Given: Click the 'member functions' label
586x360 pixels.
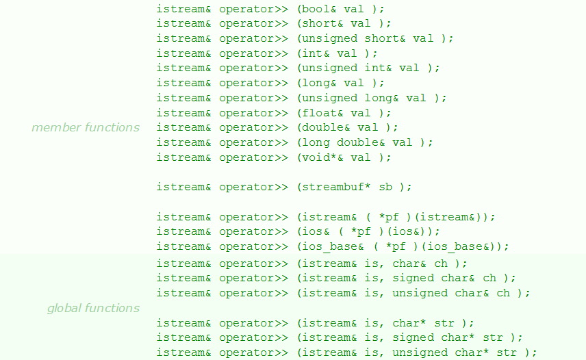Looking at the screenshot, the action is (x=86, y=128).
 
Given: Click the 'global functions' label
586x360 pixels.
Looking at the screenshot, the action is (x=93, y=309).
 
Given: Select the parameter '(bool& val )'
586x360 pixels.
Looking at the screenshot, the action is (x=341, y=9).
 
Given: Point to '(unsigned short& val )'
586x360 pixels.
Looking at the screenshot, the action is (x=375, y=38).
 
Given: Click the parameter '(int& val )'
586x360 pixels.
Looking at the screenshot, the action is (x=337, y=53).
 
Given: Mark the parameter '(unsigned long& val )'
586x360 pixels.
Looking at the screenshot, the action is (x=372, y=98).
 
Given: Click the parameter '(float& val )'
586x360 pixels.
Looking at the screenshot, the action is (x=344, y=113).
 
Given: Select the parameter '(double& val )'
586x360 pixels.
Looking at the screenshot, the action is (x=348, y=127).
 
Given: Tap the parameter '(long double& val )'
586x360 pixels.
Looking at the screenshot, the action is (x=365, y=142).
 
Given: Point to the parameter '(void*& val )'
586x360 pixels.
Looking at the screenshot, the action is (x=344, y=157).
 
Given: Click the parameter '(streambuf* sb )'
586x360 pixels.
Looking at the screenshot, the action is (x=355, y=187).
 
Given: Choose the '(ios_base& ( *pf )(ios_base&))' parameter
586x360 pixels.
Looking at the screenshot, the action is (x=403, y=246).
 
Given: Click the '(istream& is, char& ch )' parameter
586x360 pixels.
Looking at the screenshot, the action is (x=382, y=263).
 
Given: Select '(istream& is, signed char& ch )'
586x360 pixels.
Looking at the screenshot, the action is (x=407, y=278).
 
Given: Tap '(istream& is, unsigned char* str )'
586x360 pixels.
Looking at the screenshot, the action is (x=417, y=352).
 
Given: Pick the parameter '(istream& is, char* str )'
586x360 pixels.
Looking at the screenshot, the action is (x=385, y=323).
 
